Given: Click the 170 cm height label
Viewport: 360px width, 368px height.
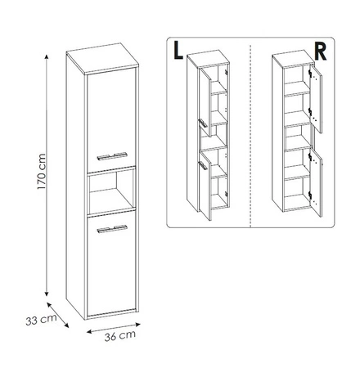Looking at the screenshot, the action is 42,172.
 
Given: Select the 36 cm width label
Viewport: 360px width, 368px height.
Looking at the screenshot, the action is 120,335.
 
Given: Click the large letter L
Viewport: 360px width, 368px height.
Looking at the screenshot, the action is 178,51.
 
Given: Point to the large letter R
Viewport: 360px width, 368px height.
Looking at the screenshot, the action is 320,52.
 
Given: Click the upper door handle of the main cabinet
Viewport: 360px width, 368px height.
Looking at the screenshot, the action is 112,155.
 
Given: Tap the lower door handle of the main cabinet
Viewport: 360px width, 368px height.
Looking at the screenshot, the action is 112,229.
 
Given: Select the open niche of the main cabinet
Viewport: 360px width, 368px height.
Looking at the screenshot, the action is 111,190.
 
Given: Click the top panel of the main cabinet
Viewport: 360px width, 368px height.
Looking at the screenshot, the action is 103,58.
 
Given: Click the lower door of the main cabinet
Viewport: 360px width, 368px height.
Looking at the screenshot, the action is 111,265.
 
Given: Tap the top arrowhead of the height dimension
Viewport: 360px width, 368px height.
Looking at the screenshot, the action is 47,56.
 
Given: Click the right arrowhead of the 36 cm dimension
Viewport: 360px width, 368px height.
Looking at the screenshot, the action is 138,325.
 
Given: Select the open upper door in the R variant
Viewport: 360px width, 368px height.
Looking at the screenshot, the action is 317,99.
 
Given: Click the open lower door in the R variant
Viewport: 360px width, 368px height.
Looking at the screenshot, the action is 317,183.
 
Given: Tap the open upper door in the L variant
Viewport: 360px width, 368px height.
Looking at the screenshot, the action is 205,103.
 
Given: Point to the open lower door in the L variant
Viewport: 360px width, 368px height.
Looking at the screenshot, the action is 205,186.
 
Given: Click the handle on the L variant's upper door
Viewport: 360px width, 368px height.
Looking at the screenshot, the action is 203,123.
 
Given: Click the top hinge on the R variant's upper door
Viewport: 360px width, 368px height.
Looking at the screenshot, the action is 310,73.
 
